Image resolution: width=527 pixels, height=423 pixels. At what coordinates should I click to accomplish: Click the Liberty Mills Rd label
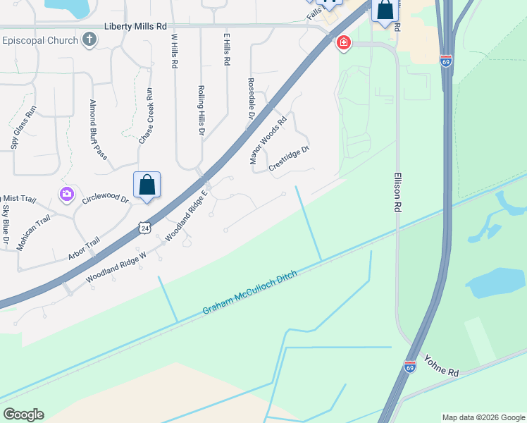(x=135, y=26)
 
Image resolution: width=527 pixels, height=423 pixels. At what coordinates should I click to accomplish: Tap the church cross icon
(x=89, y=39)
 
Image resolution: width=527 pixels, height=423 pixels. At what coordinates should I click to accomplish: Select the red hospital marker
(x=343, y=43)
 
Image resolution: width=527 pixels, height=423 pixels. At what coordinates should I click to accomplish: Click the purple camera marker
(x=67, y=194)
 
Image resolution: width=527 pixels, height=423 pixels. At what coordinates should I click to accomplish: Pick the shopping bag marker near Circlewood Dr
(x=147, y=185)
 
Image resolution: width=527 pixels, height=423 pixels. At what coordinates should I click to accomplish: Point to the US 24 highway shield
(x=144, y=228)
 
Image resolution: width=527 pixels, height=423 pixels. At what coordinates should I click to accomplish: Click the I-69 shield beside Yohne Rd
(x=410, y=367)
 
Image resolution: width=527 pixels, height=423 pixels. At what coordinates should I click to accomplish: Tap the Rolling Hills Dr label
(x=201, y=110)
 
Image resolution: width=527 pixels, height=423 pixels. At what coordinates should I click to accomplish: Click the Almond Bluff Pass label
(x=97, y=129)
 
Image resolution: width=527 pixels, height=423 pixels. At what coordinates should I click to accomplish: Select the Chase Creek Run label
(x=145, y=116)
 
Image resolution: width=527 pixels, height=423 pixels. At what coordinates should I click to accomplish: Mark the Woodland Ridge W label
(x=116, y=268)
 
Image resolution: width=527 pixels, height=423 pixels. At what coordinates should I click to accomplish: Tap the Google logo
(x=23, y=415)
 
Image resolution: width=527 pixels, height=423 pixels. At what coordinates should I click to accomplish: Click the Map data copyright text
(x=483, y=417)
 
